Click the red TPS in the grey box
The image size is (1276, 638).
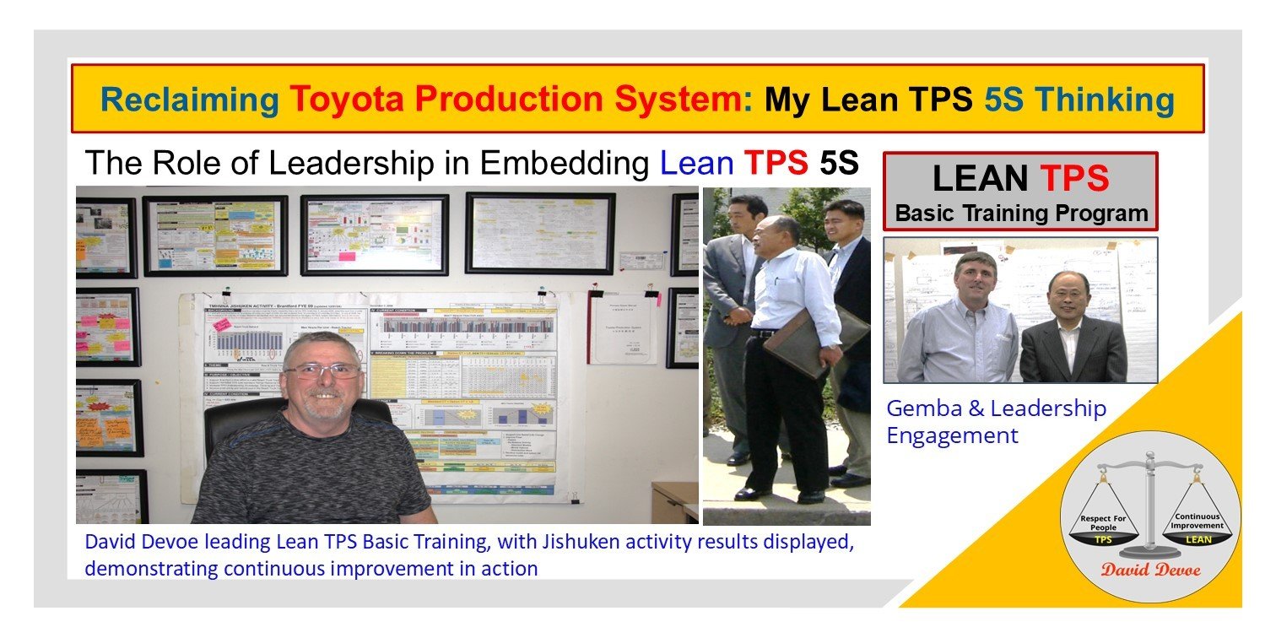click(x=1074, y=178)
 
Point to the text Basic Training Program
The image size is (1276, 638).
click(x=1021, y=213)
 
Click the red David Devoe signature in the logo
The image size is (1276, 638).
click(x=1150, y=569)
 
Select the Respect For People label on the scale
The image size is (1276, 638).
click(x=1103, y=522)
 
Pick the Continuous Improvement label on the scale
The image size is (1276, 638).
click(x=1195, y=520)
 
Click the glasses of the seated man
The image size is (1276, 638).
click(x=321, y=370)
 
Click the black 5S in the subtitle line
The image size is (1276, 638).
click(x=839, y=163)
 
